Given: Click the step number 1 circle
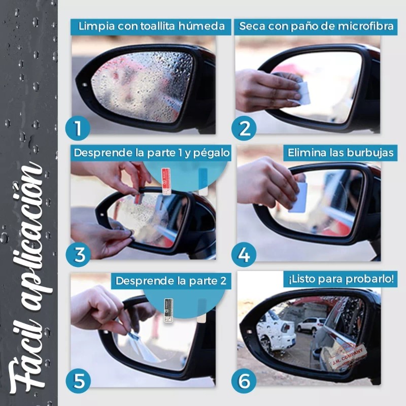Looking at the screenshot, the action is click(78, 128).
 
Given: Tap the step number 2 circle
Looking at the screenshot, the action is click(244, 128).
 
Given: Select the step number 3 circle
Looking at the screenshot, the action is click(78, 255).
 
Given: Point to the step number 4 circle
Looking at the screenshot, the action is click(244, 255).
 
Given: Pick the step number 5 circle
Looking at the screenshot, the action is click(78, 381).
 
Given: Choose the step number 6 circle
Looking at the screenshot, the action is click(244, 381).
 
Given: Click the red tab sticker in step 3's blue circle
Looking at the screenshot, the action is click(166, 181).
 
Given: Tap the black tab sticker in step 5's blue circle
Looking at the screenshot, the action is click(168, 310).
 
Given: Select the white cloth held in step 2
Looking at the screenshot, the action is click(303, 93).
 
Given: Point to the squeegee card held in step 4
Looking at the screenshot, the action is click(298, 197).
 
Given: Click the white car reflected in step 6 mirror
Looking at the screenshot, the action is click(311, 325).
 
